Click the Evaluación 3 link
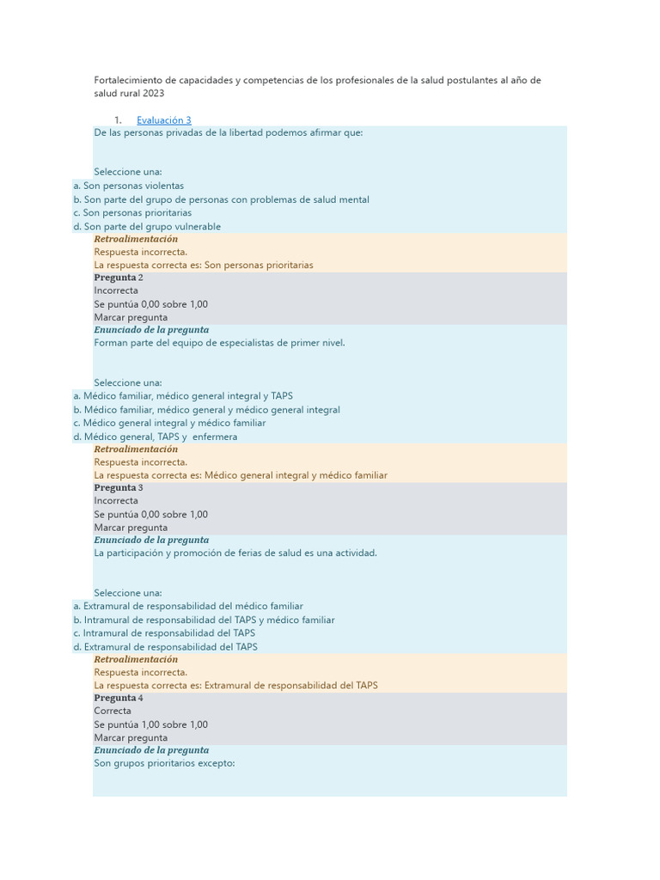[163, 120]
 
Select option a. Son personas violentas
[129, 186]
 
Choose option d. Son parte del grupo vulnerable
[147, 227]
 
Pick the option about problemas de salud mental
[222, 199]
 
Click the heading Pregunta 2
[119, 278]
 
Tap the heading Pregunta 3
[119, 487]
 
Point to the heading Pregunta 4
[119, 698]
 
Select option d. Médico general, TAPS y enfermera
[156, 437]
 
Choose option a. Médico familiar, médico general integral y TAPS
[183, 396]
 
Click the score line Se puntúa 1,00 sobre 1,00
[150, 724]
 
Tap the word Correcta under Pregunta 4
[113, 711]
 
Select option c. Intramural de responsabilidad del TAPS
[164, 633]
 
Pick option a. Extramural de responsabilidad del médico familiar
[188, 606]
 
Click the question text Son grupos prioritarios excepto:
[164, 763]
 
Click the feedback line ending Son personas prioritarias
[204, 266]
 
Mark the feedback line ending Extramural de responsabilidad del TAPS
[235, 686]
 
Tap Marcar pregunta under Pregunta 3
[131, 528]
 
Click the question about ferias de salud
[235, 553]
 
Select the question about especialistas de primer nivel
[219, 343]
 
